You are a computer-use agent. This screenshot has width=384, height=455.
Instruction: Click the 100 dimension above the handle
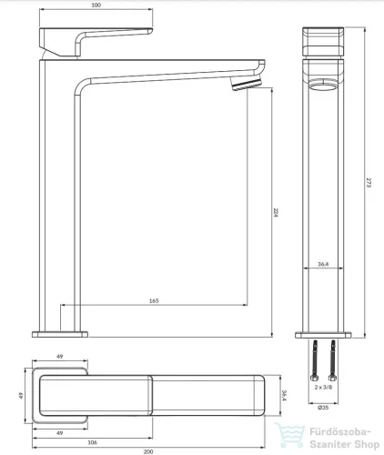[x=96, y=5]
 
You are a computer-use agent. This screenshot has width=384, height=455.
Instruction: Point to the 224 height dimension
[x=276, y=212]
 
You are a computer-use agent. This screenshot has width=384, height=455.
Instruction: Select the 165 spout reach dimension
[x=154, y=300]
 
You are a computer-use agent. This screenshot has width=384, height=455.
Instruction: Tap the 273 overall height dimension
[x=369, y=183]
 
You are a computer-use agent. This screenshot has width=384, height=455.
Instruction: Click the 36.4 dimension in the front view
[x=323, y=264]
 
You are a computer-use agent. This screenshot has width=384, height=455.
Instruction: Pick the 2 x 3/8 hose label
[x=323, y=387]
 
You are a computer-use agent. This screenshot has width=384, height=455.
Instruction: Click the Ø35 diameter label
[x=323, y=408]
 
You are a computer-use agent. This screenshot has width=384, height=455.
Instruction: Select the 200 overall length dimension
[x=148, y=451]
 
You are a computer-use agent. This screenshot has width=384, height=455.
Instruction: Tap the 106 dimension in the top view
[x=92, y=442]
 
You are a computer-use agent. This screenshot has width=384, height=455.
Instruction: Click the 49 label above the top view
[x=60, y=356]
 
